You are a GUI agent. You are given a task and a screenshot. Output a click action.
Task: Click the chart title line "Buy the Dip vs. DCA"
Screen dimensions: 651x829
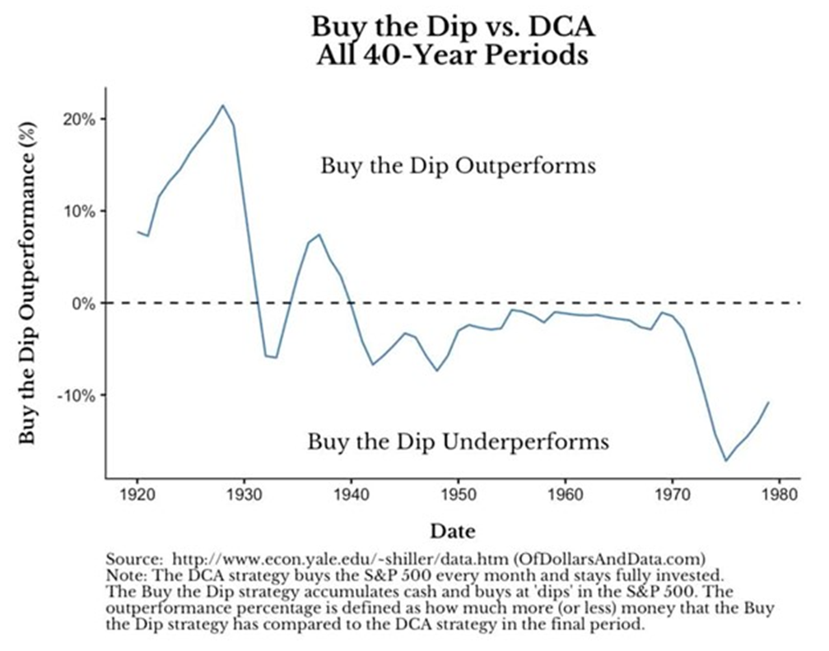(453, 27)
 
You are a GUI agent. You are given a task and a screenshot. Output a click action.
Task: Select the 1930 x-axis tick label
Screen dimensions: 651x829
(244, 495)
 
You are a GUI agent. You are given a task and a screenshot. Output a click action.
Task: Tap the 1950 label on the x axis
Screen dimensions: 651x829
(459, 495)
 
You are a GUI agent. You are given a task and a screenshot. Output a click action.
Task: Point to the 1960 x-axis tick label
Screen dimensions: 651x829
(566, 495)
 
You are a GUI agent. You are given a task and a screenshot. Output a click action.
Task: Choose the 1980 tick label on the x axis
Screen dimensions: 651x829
(780, 495)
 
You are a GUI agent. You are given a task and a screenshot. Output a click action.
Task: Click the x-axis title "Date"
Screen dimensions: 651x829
(452, 531)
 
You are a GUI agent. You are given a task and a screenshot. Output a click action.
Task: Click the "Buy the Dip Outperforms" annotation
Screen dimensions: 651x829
(458, 165)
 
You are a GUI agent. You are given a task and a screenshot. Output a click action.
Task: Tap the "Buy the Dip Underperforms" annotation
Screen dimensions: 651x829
(458, 442)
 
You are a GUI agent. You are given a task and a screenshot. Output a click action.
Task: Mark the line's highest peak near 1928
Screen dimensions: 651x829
(222, 105)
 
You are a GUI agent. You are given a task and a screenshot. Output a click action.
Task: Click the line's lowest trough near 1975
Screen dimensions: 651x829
(726, 461)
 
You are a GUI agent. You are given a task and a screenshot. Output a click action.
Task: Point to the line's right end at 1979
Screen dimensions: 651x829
(769, 402)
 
